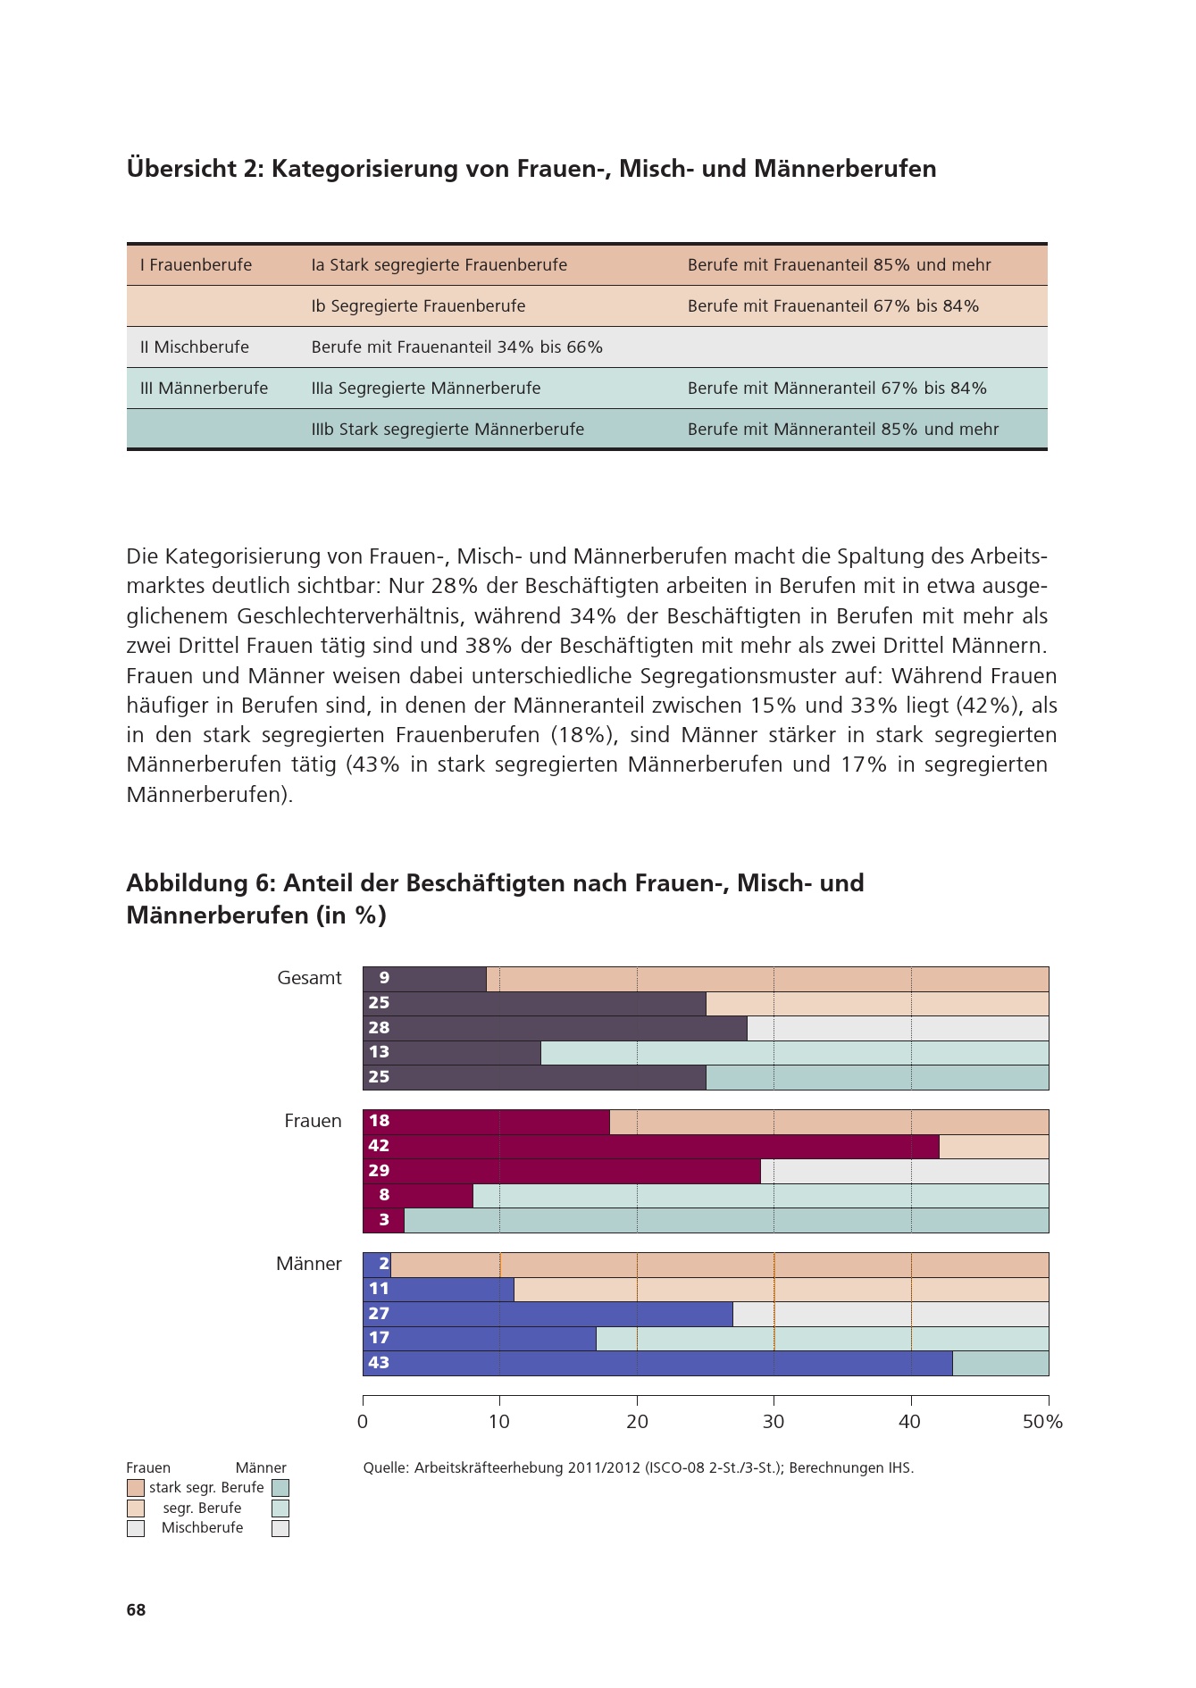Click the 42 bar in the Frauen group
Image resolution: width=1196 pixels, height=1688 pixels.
pos(650,1146)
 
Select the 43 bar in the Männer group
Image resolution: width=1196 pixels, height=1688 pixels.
pos(657,1363)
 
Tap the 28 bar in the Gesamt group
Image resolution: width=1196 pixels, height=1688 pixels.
pos(555,1028)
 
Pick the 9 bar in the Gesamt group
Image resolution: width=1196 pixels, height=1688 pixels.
pos(424,979)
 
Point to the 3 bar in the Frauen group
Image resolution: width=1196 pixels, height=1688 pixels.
pos(384,1220)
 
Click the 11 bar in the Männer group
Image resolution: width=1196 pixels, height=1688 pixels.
pos(438,1289)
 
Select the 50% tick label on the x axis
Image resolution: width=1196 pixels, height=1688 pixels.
pos(1042,1422)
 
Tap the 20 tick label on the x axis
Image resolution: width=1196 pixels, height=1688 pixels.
pos(637,1422)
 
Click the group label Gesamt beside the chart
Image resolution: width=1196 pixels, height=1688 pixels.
pos(309,978)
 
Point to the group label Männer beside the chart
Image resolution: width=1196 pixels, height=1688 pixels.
pos(308,1264)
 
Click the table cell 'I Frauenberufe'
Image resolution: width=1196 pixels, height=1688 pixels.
pos(196,265)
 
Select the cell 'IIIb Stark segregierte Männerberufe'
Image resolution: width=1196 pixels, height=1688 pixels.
pos(447,430)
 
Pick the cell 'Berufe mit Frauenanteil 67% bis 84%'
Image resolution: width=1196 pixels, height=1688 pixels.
pos(832,306)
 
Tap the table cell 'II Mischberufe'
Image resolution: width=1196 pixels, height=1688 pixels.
pos(194,347)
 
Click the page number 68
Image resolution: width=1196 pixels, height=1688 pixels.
pos(136,1610)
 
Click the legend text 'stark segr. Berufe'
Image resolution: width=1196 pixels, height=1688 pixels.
pos(206,1488)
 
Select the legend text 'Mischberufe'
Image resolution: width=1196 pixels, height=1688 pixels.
pos(202,1528)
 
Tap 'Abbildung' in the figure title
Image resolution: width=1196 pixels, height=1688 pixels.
pos(188,883)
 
